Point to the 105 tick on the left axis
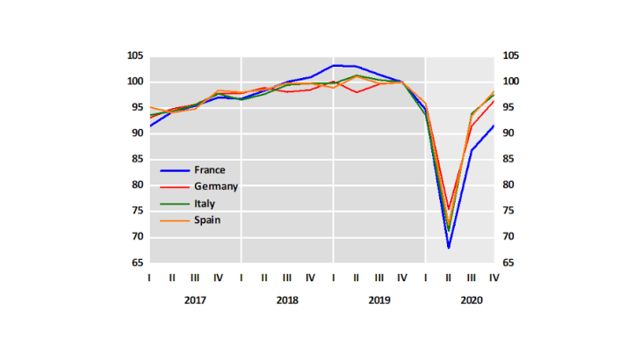tap(133, 56)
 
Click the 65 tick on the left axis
tap(137, 263)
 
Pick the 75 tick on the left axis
tap(137, 211)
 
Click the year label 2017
tap(195, 300)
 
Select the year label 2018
tap(287, 300)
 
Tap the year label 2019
tap(378, 300)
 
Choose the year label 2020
tap(471, 300)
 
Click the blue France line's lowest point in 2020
tap(448, 248)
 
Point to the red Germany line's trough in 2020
tap(448, 210)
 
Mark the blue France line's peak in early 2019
tap(335, 65)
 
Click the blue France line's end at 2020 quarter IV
tap(493, 126)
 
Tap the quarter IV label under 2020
tap(493, 277)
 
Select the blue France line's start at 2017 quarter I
tap(150, 126)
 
